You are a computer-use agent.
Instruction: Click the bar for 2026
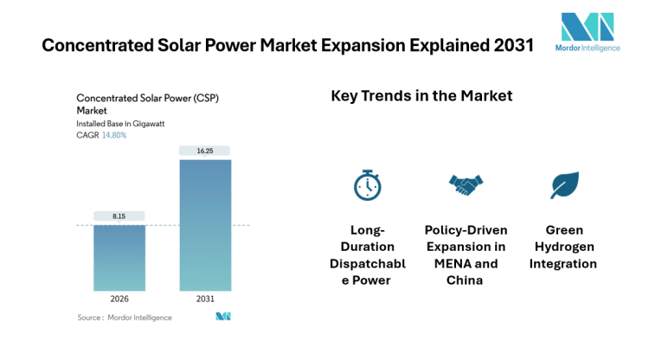coord(119,258)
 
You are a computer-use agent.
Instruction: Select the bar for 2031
coord(205,225)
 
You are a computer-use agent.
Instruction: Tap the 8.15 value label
coord(119,215)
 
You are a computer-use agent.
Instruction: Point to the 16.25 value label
coord(205,151)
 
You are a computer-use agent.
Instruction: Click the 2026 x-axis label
coord(119,299)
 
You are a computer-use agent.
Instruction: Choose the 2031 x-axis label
coord(205,299)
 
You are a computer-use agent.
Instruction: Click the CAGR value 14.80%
coord(114,135)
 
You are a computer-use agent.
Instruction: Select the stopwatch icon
coord(366,184)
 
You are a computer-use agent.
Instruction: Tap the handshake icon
coord(466,184)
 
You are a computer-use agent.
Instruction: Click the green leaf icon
coord(564,184)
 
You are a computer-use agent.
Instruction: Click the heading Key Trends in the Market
coord(421,96)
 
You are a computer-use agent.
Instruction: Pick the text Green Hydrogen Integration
coord(564,247)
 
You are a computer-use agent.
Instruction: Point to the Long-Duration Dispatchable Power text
coord(366,255)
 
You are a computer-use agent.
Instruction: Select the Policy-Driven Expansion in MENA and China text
coord(466,255)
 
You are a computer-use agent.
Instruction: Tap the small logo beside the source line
coord(223,318)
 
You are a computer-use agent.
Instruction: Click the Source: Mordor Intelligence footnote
coord(125,318)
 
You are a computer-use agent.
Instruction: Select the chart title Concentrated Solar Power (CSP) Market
coord(147,104)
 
